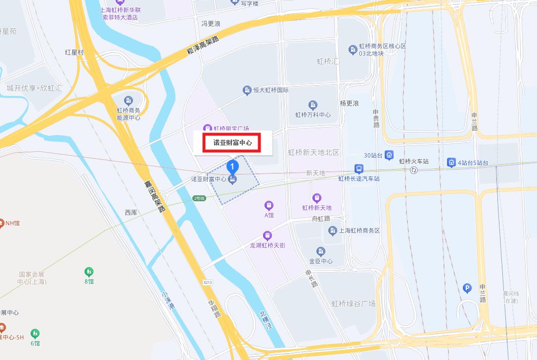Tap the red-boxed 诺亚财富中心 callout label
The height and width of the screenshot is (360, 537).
[x=232, y=143]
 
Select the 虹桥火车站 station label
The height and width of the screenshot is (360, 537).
[x=413, y=162]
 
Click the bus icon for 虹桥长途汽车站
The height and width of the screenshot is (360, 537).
[x=359, y=168]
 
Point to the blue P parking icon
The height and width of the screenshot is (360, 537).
[x=467, y=288]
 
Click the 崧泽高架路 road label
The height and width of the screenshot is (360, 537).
[x=203, y=46]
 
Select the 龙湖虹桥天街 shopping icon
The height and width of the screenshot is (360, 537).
[x=267, y=235]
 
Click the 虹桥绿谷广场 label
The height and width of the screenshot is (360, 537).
[x=354, y=303]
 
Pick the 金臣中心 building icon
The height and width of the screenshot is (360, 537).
[x=321, y=251]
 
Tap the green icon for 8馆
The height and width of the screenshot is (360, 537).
[x=89, y=271]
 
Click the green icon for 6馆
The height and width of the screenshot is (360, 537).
[x=35, y=333]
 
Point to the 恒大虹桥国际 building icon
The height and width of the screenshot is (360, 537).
[x=247, y=90]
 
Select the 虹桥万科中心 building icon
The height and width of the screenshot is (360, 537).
[x=313, y=105]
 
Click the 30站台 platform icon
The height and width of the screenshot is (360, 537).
[x=390, y=155]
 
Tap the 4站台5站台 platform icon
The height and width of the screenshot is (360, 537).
[x=451, y=162]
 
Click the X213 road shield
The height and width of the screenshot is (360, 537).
[x=208, y=282]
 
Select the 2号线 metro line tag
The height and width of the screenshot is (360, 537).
[x=199, y=198]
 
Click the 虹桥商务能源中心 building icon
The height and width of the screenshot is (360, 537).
[x=128, y=100]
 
